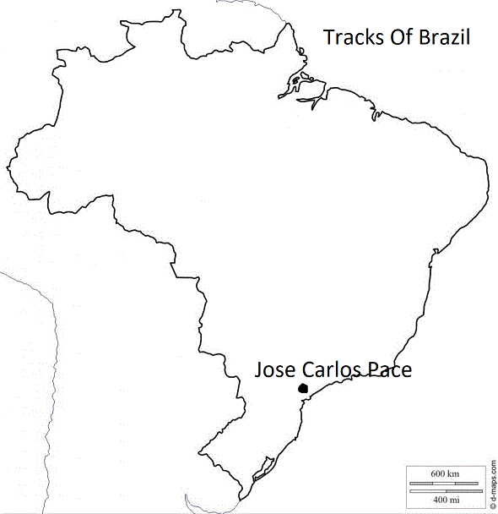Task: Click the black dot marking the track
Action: [303, 388]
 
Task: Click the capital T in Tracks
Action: [329, 37]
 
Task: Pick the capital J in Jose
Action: [259, 370]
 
